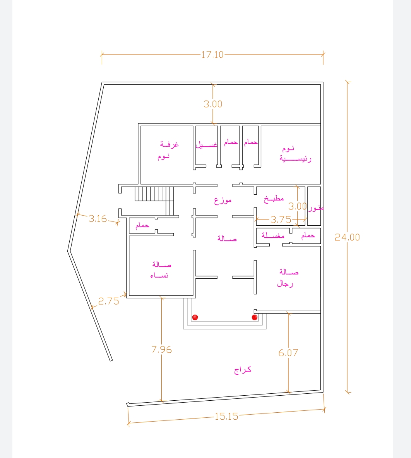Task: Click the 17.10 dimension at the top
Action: (x=212, y=55)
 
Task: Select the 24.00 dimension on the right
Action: (x=347, y=237)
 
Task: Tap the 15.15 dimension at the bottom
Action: (x=226, y=416)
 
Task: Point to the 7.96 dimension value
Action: (x=161, y=349)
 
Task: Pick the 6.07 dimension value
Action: (x=288, y=353)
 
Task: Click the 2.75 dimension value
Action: (x=109, y=301)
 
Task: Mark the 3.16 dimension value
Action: (x=98, y=218)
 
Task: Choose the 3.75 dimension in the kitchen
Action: (x=281, y=220)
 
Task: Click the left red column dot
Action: (x=195, y=317)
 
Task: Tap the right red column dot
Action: (x=255, y=317)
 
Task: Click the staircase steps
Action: (x=154, y=194)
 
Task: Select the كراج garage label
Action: (x=243, y=370)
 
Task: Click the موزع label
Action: (x=223, y=201)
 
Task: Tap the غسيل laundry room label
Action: (x=206, y=144)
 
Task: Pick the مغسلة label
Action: (x=273, y=235)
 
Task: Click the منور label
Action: (x=315, y=208)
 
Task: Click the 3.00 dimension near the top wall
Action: (x=213, y=104)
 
